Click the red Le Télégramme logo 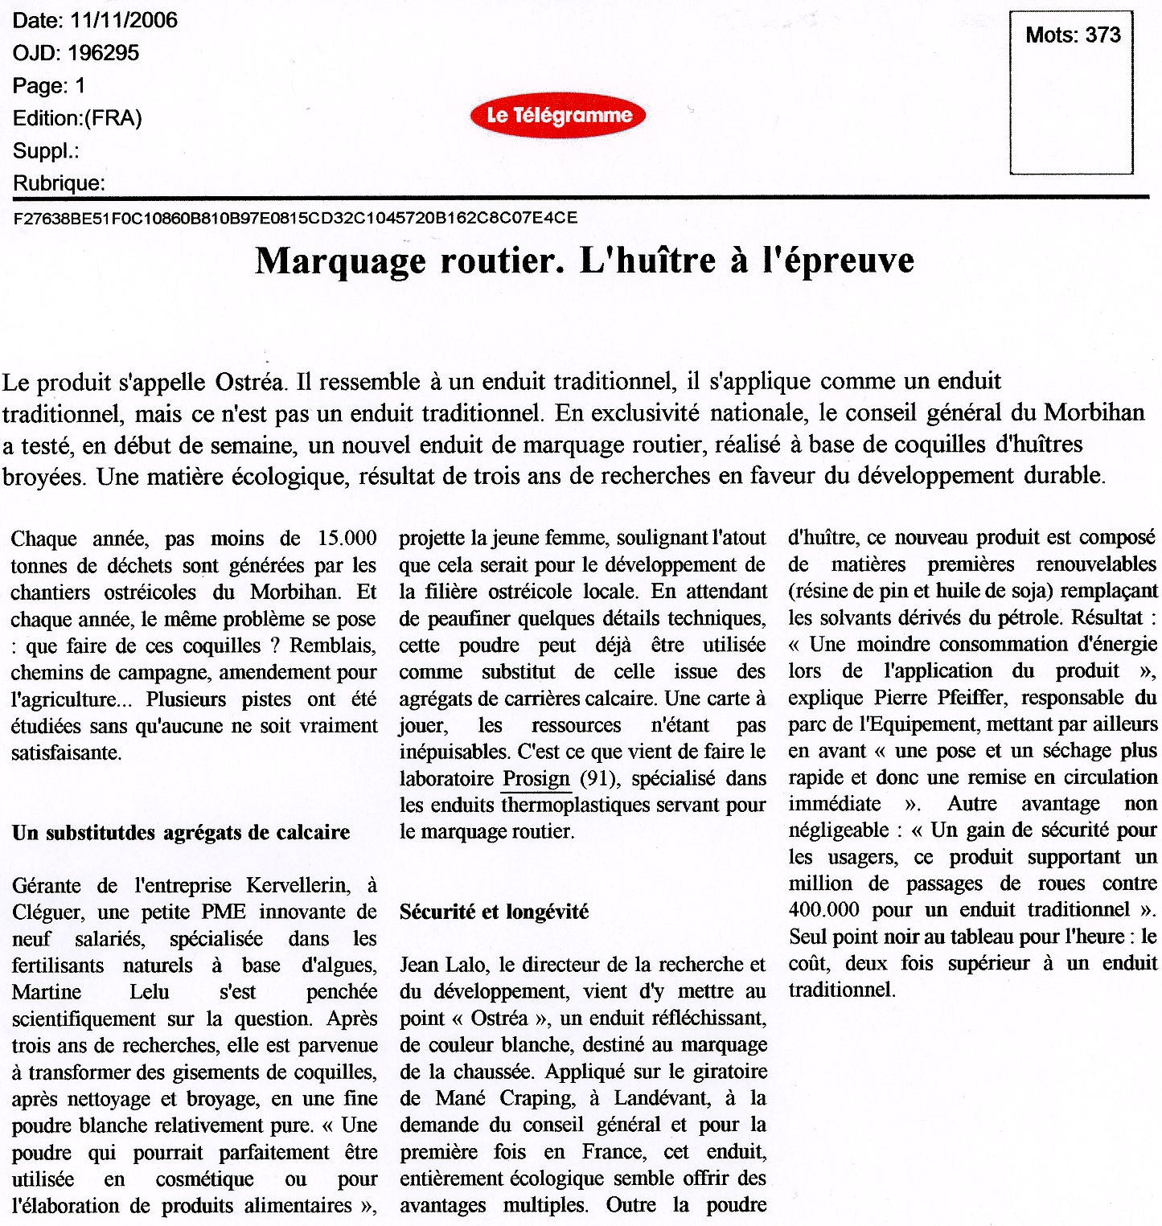tap(558, 116)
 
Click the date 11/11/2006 tap(124, 20)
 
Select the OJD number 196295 tap(103, 53)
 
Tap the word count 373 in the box tap(1102, 35)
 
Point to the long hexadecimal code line tap(295, 218)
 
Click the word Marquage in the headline tap(340, 260)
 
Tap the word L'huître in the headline tap(647, 260)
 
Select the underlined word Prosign tap(536, 778)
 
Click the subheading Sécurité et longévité tap(494, 912)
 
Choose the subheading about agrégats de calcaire tap(181, 832)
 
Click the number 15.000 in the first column tap(347, 538)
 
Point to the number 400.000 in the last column tap(823, 909)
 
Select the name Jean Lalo tap(443, 964)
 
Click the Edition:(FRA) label tap(77, 118)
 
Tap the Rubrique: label tap(59, 183)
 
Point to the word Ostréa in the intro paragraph tap(249, 381)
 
